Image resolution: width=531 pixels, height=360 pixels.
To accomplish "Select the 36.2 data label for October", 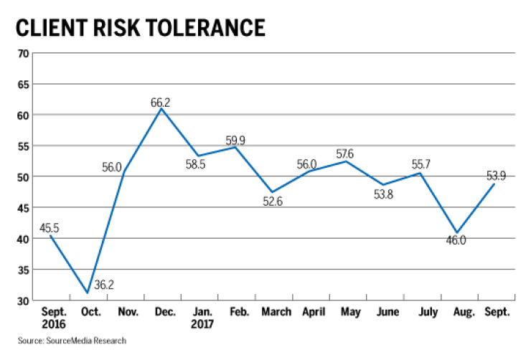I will (105, 285).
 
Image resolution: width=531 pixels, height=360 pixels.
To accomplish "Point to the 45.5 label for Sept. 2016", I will (50, 228).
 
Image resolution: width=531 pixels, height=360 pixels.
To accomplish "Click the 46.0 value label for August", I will (454, 240).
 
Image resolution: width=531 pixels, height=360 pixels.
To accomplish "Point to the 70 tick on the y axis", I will (22, 54).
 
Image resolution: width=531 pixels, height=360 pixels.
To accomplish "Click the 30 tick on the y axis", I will (22, 300).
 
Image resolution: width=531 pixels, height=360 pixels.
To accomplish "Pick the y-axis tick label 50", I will (22, 177).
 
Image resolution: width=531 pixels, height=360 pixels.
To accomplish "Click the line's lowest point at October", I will (87, 293).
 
